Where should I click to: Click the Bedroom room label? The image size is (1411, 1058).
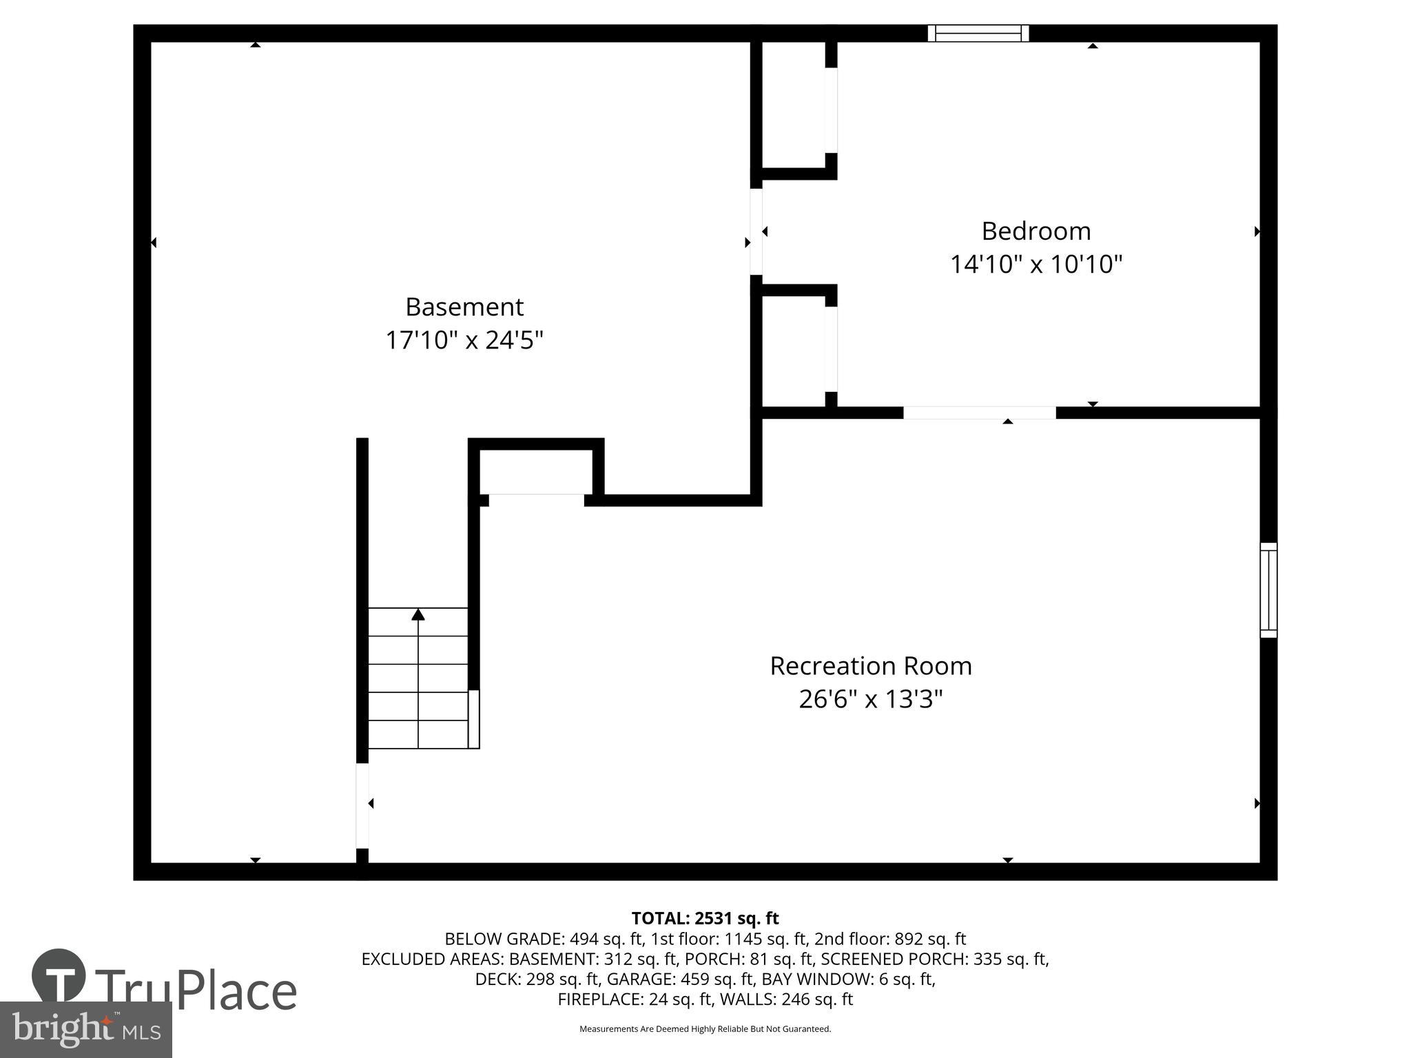point(1036,231)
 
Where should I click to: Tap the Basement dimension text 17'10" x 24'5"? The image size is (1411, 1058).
point(464,340)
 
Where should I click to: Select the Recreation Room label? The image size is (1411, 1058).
point(870,666)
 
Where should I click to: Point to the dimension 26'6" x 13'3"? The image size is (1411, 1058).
point(870,700)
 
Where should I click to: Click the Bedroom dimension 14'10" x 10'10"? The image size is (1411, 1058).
point(1036,264)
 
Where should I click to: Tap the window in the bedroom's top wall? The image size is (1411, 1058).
point(978,33)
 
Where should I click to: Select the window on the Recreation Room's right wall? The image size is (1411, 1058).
point(1268,590)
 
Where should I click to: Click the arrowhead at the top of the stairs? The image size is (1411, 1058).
point(418,614)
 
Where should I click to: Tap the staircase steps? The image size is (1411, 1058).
point(418,678)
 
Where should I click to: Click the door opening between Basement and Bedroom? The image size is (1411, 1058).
point(756,231)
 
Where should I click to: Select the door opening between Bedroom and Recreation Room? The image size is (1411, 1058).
point(979,413)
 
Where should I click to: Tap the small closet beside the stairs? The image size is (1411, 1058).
point(536,472)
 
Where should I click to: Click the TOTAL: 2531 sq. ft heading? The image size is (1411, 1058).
point(705,918)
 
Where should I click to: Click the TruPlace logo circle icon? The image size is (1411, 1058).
point(59,975)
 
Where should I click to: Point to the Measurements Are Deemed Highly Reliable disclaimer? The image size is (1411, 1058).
point(705,1029)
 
